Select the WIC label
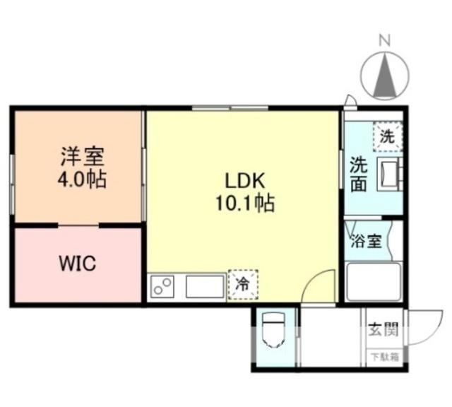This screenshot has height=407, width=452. (x=76, y=265)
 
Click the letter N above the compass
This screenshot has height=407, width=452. (x=386, y=41)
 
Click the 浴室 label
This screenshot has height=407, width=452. (x=367, y=240)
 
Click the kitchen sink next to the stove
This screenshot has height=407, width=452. (x=205, y=286)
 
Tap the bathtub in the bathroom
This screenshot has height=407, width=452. (x=374, y=281)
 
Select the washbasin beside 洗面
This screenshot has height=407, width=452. (x=389, y=174)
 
